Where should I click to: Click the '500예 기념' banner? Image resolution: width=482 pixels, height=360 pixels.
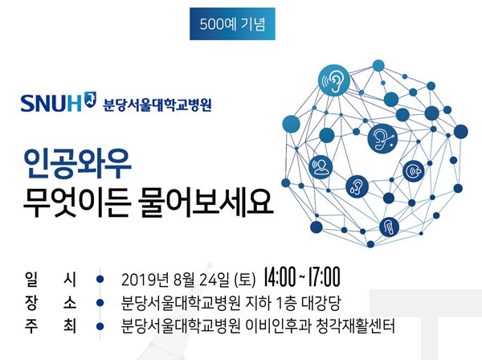(x=232, y=24)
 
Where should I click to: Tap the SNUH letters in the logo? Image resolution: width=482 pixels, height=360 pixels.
(x=51, y=104)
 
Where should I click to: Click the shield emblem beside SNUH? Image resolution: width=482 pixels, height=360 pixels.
(x=90, y=100)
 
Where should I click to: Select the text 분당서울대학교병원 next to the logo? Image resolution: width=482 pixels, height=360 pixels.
(x=157, y=104)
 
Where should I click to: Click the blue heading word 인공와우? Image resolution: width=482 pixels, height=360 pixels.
(x=78, y=164)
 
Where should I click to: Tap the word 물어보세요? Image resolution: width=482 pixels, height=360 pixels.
(x=206, y=202)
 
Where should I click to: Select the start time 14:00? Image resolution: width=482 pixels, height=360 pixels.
(x=280, y=277)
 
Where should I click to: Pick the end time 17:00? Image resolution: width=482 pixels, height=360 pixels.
(x=324, y=277)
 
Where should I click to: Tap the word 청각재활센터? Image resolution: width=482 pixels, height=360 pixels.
(x=355, y=326)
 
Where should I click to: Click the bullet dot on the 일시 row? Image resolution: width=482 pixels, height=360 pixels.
(x=100, y=280)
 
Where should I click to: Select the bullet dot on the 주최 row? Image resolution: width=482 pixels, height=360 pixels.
(x=100, y=326)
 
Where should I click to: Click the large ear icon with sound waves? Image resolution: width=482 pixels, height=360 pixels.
(x=334, y=80)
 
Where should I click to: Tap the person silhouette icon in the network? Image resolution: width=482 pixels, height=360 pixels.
(x=321, y=167)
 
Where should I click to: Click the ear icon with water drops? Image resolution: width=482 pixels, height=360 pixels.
(x=357, y=186)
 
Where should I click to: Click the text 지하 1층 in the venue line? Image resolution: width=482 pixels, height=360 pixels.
(x=271, y=303)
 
